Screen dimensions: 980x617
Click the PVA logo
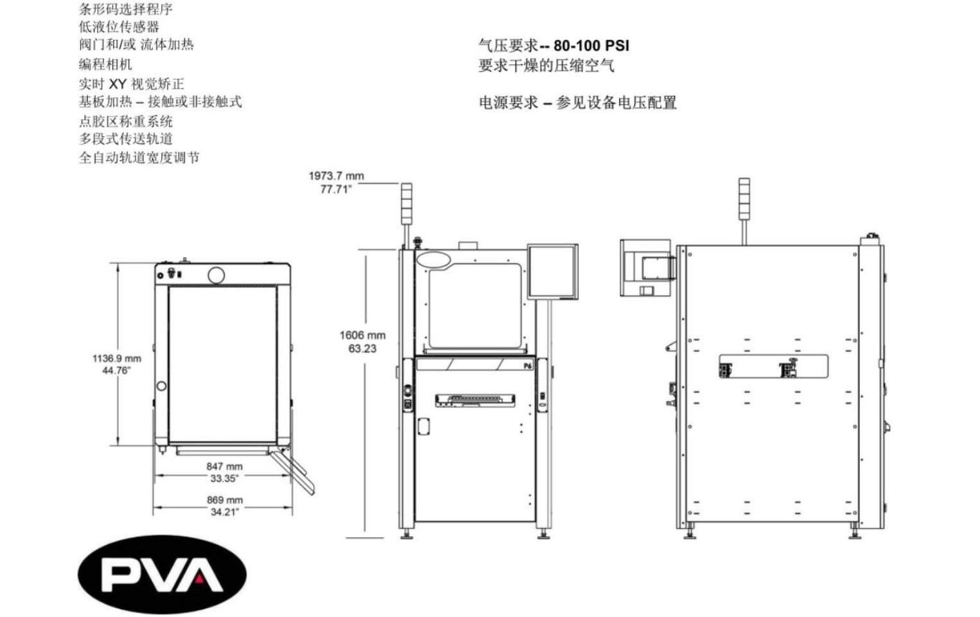coord(162,575)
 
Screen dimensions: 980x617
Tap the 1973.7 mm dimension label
coord(336,176)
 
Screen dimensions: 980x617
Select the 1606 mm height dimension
coord(362,335)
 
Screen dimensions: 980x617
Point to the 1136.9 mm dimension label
coord(116,358)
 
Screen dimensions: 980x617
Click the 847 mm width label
coord(224,467)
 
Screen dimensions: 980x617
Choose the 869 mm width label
coord(224,500)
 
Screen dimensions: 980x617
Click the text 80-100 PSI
coord(591,46)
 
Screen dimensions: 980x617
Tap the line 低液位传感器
coord(119,27)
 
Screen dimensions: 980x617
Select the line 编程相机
coord(105,64)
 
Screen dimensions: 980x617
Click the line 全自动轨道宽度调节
coord(139,157)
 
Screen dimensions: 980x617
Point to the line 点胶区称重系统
coord(126,121)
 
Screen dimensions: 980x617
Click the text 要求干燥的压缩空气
coord(546,66)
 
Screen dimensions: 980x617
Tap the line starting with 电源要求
coord(577,103)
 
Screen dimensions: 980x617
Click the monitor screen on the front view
coord(552,271)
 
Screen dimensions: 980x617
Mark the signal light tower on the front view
coord(406,204)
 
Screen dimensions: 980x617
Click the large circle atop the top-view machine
coord(216,275)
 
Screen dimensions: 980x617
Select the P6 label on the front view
coord(527,366)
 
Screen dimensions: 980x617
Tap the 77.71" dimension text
coord(336,190)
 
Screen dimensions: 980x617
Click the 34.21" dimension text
coord(224,512)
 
